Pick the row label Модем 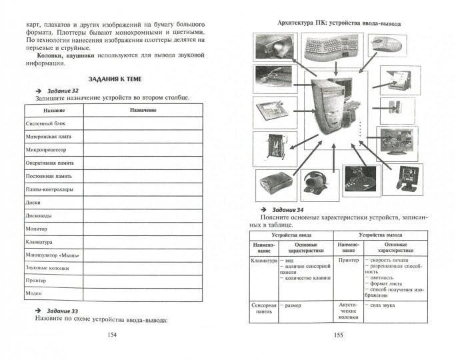pos(34,293)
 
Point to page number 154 pos(111,334)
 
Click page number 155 pos(338,334)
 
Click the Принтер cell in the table pos(349,260)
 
